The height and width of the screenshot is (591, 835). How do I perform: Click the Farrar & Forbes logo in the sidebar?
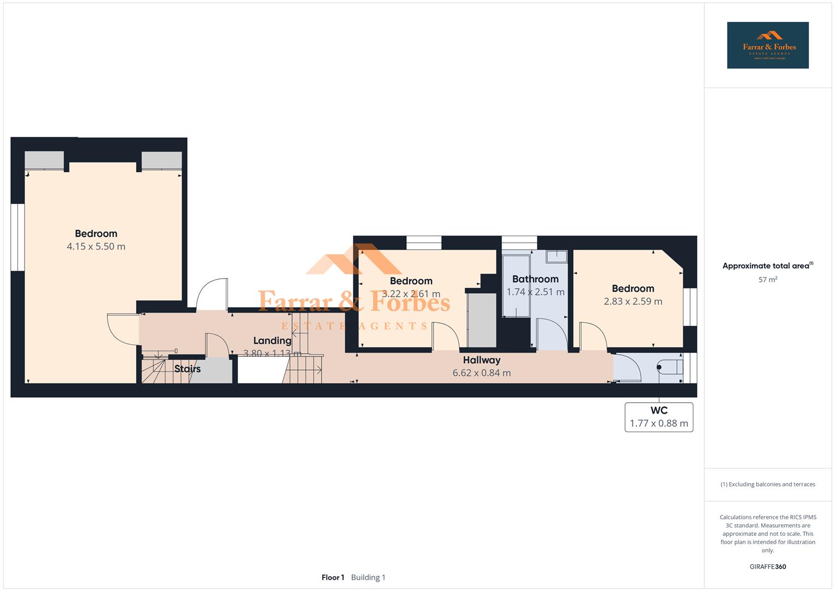(x=767, y=45)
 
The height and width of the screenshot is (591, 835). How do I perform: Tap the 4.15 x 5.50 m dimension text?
(x=96, y=246)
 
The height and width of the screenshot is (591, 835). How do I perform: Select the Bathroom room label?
(x=535, y=279)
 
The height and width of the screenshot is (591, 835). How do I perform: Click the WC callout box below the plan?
(x=658, y=417)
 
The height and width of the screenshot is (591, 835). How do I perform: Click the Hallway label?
(x=481, y=360)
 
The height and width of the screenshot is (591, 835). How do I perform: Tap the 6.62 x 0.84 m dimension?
(x=481, y=373)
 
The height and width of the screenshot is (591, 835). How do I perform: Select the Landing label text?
(x=272, y=340)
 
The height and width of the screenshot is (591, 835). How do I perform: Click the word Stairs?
(x=188, y=369)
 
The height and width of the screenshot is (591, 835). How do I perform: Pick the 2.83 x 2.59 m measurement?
(x=633, y=302)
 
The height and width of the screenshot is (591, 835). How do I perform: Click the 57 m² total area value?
(x=767, y=280)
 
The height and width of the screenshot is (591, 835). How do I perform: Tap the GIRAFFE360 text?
(x=767, y=567)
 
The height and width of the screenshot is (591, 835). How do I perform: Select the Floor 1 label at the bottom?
(x=332, y=577)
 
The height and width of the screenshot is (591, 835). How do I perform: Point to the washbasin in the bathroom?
(x=557, y=256)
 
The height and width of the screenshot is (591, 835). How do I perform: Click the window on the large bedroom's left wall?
(x=18, y=237)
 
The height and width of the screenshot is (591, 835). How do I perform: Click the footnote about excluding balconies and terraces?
(x=767, y=484)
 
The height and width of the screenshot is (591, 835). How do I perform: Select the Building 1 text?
(x=368, y=577)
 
